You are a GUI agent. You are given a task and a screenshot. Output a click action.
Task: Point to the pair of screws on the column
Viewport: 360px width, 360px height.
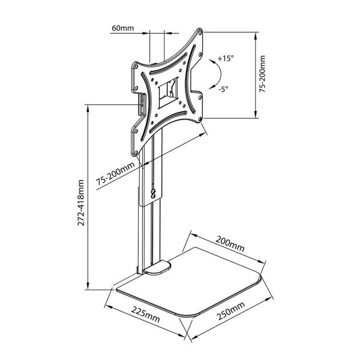155,193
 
